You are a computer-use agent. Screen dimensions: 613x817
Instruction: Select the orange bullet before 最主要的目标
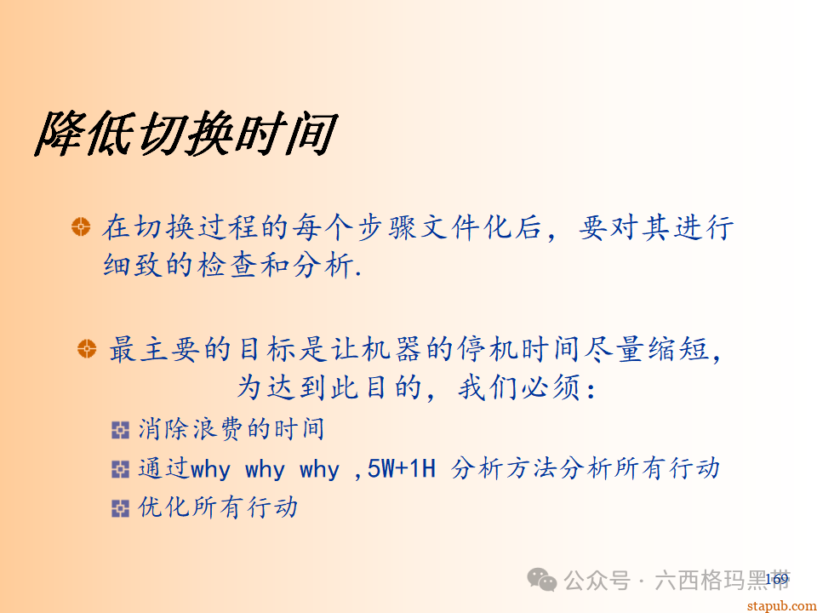coord(87,348)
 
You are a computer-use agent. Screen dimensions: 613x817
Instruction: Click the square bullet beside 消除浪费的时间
coord(120,430)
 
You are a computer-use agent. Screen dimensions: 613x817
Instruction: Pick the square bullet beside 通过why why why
coord(120,469)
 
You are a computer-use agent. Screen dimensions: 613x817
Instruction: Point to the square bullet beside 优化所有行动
coord(120,508)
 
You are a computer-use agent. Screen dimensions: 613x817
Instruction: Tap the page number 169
coord(777,580)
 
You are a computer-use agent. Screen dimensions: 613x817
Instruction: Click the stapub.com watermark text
coord(780,604)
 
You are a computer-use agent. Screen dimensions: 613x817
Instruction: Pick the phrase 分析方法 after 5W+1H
coord(504,468)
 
